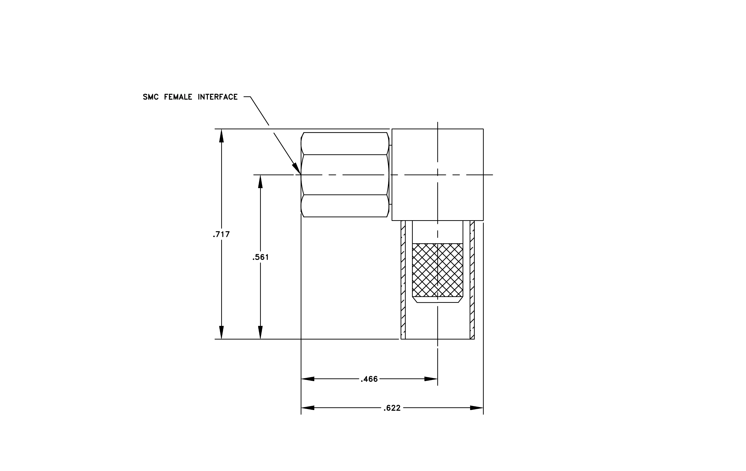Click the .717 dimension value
(221, 235)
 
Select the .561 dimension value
(261, 257)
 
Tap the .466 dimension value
(369, 379)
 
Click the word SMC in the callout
(150, 97)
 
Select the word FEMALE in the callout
(178, 97)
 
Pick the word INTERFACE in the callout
(218, 97)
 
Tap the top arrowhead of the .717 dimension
(221, 136)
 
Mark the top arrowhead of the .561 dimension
(260, 182)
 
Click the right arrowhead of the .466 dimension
(431, 379)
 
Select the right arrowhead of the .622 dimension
(477, 408)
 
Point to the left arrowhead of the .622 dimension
(308, 408)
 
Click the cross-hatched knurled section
(438, 270)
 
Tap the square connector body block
(438, 175)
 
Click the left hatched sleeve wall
(403, 280)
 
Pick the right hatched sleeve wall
(472, 280)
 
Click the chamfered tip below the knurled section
(438, 300)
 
